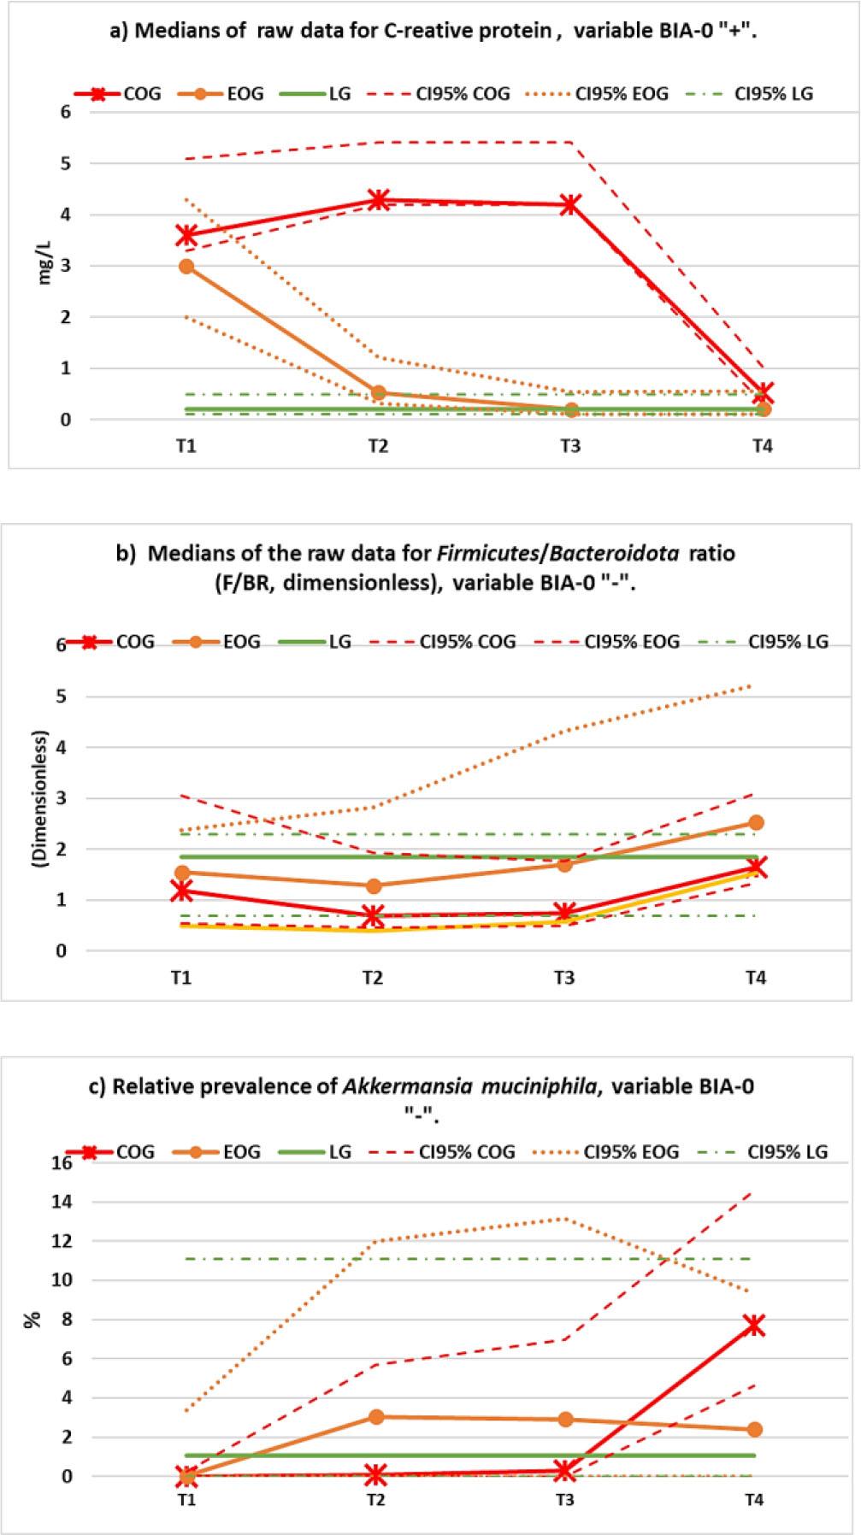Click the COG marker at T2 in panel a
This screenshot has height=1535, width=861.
tap(378, 201)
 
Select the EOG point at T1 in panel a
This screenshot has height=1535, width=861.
tap(186, 267)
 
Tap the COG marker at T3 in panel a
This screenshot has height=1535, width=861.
tap(570, 204)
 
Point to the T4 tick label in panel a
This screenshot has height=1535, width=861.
tap(762, 446)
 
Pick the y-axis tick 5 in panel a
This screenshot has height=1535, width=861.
tap(65, 163)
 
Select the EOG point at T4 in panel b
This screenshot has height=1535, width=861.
tap(756, 822)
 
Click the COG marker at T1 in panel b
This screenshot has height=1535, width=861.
tap(180, 891)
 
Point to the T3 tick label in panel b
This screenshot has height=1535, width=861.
tap(564, 978)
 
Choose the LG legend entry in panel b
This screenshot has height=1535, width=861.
tap(321, 641)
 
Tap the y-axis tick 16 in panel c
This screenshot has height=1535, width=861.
tap(62, 1162)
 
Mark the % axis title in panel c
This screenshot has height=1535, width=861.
tap(33, 1320)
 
